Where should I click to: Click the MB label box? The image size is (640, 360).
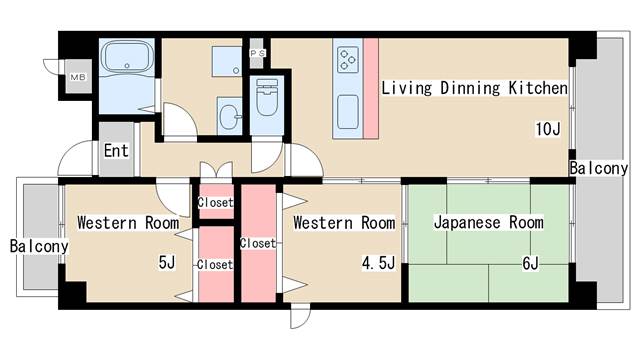tap(76, 77)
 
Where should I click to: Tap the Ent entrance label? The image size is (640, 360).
tap(116, 151)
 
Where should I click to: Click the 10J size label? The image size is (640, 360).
tap(548, 129)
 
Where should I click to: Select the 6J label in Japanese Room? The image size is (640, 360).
tap(530, 264)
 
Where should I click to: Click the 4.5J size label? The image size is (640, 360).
tap(378, 264)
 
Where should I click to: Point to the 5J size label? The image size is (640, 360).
tap(166, 264)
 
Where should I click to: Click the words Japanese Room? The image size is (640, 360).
tap(488, 222)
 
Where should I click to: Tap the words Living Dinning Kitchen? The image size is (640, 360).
tap(474, 88)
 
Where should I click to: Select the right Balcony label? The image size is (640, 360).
tap(598, 168)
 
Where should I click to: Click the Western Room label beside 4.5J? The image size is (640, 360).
tap(344, 222)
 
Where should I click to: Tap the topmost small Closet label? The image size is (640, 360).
tap(215, 203)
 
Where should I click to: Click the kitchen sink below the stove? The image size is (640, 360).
tap(348, 108)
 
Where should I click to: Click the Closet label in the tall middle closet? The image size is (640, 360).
tap(257, 243)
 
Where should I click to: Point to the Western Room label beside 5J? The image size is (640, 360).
tap(128, 222)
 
